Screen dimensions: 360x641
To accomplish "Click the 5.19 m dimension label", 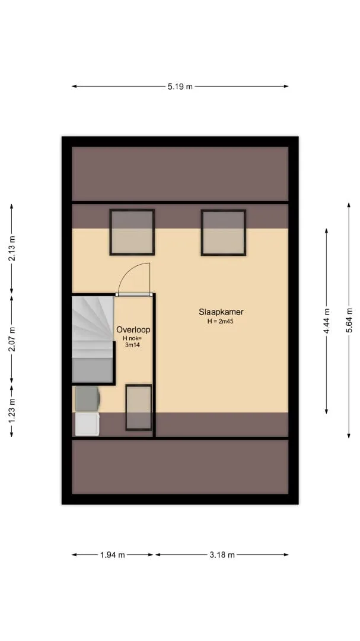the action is pos(180,86).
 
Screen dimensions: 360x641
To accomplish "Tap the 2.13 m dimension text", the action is pos(12,249).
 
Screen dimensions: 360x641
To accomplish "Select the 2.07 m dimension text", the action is pos(12,339).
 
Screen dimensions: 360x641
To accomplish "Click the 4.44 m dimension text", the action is pos(327,321).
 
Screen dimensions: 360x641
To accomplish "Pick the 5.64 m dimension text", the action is pos(349,320).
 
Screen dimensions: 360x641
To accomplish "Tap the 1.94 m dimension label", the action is pos(112,555).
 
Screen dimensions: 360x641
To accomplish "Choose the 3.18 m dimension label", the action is pos(222,555).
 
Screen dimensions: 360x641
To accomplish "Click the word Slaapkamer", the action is pos(221,312).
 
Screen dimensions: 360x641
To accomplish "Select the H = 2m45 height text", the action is pos(220,322).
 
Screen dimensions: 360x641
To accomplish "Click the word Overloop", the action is pos(133,329).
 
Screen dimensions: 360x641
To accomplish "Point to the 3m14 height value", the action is pos(133,345).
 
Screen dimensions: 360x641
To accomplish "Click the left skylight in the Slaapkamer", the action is pos(132,232).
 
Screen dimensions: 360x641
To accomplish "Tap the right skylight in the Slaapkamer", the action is pos(223,233).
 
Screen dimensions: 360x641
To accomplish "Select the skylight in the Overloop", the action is pos(139,407).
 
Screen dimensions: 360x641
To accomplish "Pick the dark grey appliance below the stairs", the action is pos(87,399).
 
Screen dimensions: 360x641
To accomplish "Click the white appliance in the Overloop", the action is pos(87,424).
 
